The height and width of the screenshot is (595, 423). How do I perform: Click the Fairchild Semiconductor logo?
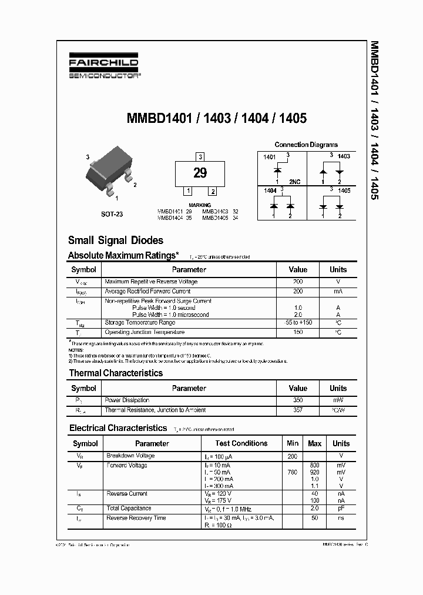[x=103, y=68]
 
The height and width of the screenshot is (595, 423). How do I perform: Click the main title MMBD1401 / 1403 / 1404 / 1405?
[x=217, y=118]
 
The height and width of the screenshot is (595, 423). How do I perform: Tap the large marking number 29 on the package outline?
[x=200, y=173]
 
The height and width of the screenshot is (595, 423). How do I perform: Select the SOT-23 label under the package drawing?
[x=112, y=215]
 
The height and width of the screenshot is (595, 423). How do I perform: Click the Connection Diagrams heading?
[x=306, y=145]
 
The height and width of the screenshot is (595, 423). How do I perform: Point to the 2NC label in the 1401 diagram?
[x=294, y=182]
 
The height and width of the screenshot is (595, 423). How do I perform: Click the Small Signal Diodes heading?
[x=116, y=240]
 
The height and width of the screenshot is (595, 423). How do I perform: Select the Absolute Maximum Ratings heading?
[x=123, y=255]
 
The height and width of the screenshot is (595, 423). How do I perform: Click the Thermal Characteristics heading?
[x=116, y=373]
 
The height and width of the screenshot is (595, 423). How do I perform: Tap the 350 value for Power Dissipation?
[x=298, y=400]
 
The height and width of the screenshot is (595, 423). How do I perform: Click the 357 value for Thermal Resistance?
[x=298, y=409]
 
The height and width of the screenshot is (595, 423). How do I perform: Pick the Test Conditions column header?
[x=241, y=443]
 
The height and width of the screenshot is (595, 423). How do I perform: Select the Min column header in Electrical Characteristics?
[x=292, y=443]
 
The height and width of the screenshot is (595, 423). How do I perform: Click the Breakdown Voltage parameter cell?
[x=130, y=456]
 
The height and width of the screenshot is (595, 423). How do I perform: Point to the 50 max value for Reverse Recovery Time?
[x=315, y=518]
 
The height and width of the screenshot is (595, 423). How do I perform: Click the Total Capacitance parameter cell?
[x=129, y=508]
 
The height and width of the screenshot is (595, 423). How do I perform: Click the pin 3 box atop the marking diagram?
[x=200, y=156]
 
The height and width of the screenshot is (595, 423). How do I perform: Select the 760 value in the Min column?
[x=292, y=472]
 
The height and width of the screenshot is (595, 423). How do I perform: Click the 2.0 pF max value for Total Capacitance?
[x=315, y=508]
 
